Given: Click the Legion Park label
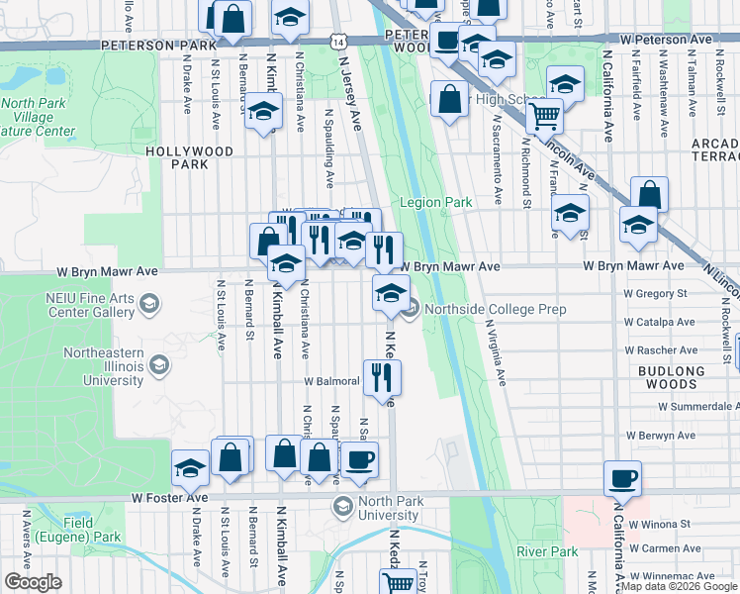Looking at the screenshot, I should (x=435, y=202).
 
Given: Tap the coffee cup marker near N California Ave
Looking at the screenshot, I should (x=622, y=479).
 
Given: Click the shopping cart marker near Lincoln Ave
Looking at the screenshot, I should (x=544, y=116).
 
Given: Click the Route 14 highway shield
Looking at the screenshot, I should (x=339, y=43).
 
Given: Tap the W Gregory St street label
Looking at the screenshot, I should (x=654, y=294).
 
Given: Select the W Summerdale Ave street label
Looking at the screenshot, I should (x=697, y=407).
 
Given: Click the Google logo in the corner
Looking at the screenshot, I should (x=33, y=582).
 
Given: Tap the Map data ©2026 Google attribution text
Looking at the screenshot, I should (x=679, y=587).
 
